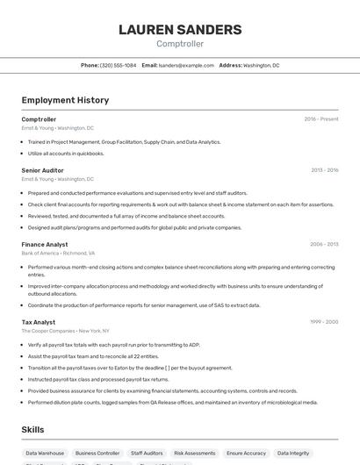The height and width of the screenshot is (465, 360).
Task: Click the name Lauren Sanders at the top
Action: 180,30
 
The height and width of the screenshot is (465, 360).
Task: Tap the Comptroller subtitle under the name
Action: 180,43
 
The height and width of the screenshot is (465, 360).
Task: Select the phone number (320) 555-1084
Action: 118,65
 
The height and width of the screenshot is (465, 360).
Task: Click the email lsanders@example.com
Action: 186,65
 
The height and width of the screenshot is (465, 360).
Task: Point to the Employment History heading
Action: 65,100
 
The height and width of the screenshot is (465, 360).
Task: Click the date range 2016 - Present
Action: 320,119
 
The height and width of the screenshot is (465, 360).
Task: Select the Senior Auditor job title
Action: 42,170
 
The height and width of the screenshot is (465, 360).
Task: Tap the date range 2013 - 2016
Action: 324,170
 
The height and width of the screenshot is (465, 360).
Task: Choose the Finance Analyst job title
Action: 45,244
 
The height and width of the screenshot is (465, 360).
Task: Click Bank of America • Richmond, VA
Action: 58,253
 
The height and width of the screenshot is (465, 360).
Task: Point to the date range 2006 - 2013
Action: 324,244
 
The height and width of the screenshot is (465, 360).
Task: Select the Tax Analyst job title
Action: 39,322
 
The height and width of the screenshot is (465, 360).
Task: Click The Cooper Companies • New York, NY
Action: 66,331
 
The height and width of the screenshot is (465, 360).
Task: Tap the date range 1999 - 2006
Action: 324,322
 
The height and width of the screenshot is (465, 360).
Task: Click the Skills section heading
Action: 33,430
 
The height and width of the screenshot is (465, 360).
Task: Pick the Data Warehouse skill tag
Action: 45,453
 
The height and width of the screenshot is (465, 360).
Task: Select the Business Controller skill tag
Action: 97,453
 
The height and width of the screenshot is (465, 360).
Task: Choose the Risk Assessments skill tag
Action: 194,453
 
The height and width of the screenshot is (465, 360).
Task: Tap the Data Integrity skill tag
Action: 293,453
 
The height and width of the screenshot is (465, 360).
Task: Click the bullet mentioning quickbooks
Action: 66,154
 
